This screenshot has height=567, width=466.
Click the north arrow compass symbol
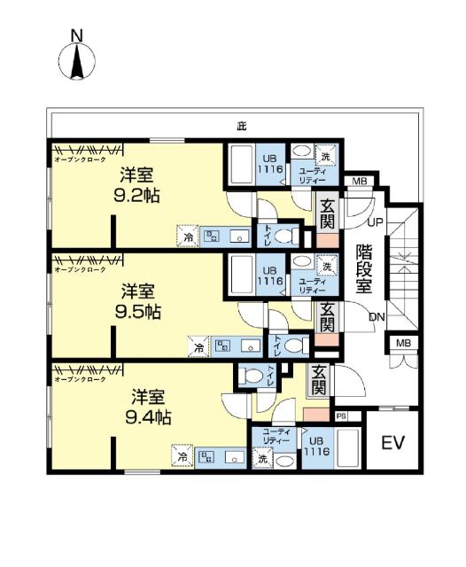pos(77,59)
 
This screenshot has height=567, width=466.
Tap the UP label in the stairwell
pos(375,222)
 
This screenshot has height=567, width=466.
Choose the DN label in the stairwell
pos(377,317)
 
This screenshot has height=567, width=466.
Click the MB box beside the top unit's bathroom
pos(359,182)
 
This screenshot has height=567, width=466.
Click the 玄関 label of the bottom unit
pos(318,379)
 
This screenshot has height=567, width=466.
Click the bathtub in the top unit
pos(241,165)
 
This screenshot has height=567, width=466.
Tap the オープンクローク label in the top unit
pos(81,159)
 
